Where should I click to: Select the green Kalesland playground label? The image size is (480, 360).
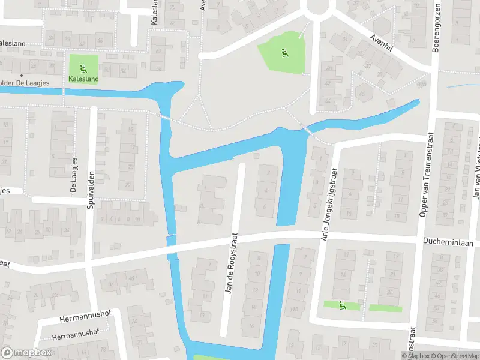point(83,78)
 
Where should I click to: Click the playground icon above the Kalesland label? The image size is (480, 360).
point(83,66)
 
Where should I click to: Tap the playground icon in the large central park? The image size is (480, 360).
point(283,52)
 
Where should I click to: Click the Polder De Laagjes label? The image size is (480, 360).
point(24,83)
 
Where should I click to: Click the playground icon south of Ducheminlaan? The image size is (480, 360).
point(343,305)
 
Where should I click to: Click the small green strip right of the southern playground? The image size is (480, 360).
point(385,308)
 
